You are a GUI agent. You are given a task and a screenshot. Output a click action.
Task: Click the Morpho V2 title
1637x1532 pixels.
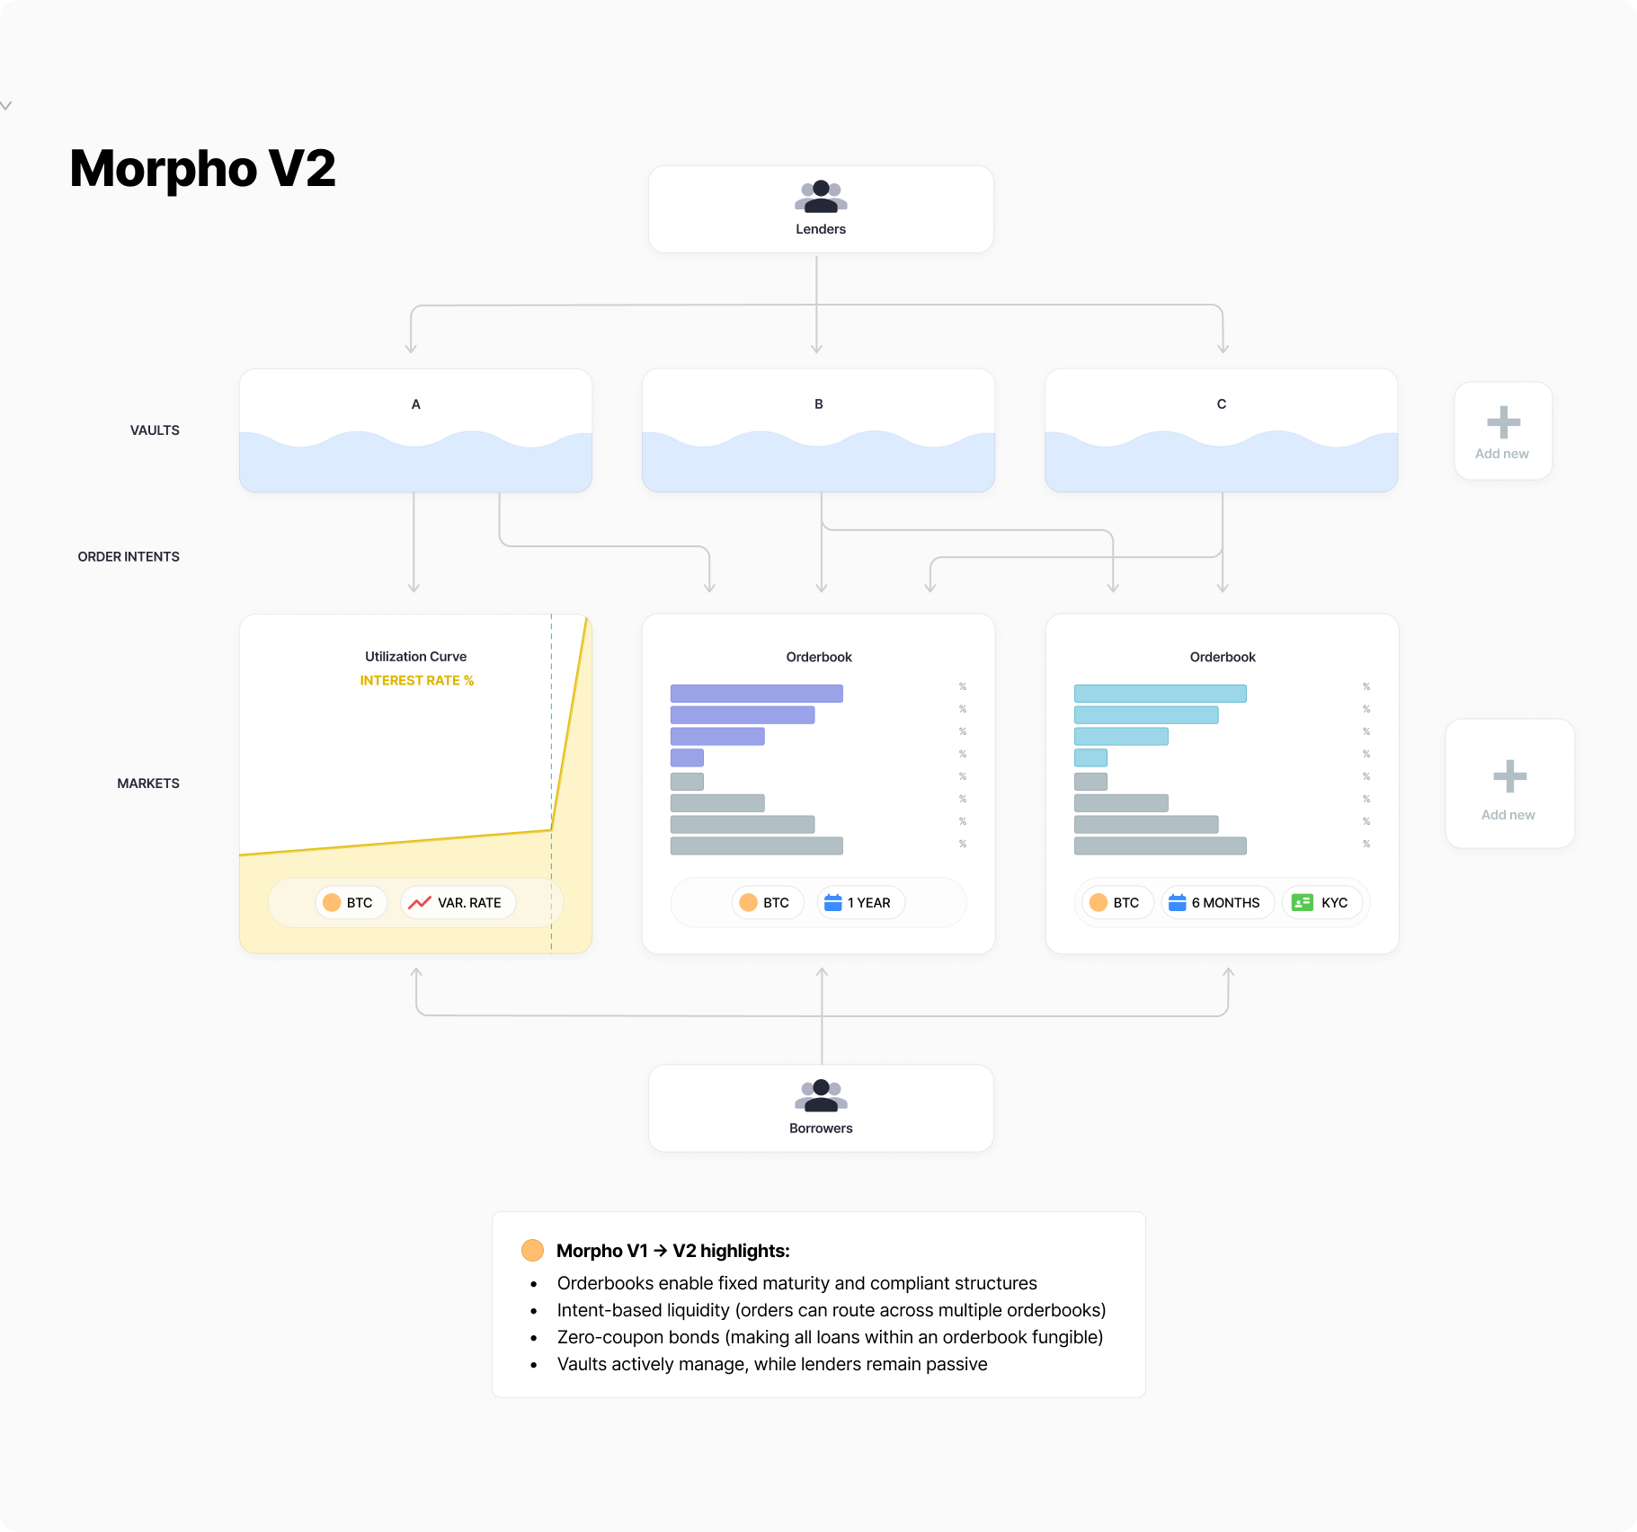click(202, 169)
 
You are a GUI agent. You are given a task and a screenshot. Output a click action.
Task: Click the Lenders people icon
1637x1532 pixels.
click(821, 196)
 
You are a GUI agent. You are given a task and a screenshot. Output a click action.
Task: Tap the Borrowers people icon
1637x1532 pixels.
click(821, 1095)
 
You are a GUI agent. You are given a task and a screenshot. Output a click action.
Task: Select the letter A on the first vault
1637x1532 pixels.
click(415, 404)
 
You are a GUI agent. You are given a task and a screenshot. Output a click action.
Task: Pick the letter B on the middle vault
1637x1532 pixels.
click(818, 404)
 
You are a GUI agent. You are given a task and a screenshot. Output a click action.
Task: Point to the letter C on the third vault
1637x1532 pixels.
click(1221, 404)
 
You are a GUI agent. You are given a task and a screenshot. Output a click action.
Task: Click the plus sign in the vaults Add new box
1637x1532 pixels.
click(1503, 422)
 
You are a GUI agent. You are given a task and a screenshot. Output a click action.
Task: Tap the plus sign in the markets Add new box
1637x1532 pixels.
click(1509, 776)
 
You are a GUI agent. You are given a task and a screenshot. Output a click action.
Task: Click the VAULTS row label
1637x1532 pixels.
click(155, 430)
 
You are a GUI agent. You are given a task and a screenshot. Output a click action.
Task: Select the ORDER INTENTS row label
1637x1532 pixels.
click(129, 557)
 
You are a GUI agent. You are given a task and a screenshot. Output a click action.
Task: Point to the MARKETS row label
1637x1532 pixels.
click(148, 784)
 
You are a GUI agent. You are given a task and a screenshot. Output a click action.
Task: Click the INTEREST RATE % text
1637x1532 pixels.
click(416, 680)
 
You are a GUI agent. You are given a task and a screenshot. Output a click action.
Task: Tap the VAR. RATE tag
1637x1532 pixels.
click(458, 903)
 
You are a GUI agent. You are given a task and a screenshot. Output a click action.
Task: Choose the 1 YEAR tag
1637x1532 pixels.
click(860, 903)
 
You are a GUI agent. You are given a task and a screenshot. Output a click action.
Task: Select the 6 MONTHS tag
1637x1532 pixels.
click(1217, 903)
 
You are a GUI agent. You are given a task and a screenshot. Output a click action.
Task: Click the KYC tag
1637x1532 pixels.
click(1321, 903)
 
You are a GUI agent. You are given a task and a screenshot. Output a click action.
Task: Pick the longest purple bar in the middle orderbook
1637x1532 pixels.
click(756, 693)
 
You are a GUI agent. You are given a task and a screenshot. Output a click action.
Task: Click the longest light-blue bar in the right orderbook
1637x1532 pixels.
click(1160, 693)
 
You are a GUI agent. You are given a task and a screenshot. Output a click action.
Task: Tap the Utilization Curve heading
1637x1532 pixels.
click(415, 657)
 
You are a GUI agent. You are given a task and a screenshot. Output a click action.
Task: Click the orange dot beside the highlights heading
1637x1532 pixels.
click(532, 1250)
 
